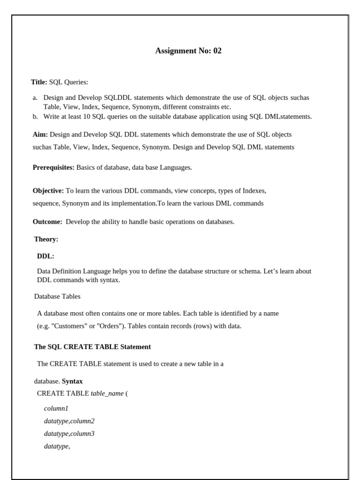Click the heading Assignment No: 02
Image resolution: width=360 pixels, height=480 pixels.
(x=188, y=51)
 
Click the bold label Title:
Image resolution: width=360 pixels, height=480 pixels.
(x=39, y=82)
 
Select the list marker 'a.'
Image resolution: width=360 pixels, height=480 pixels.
(x=35, y=98)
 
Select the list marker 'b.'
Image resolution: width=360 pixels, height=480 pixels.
(x=35, y=116)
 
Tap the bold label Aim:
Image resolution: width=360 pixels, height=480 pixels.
(x=40, y=135)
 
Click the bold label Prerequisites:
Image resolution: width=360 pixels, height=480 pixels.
(x=53, y=167)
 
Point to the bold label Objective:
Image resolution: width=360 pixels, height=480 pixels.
(x=48, y=191)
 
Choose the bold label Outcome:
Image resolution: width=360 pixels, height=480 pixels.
(x=47, y=222)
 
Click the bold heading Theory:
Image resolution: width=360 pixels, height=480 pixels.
(x=46, y=239)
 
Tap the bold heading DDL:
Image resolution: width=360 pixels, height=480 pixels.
(x=45, y=256)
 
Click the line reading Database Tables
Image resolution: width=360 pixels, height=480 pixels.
(x=57, y=296)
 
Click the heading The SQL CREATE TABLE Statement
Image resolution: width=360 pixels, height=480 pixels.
(x=92, y=347)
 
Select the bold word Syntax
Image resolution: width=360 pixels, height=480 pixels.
(x=72, y=381)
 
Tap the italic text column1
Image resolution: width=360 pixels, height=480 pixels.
(x=56, y=408)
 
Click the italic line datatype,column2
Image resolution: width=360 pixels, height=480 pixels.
(x=69, y=421)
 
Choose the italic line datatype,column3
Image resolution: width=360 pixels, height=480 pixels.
(x=69, y=434)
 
